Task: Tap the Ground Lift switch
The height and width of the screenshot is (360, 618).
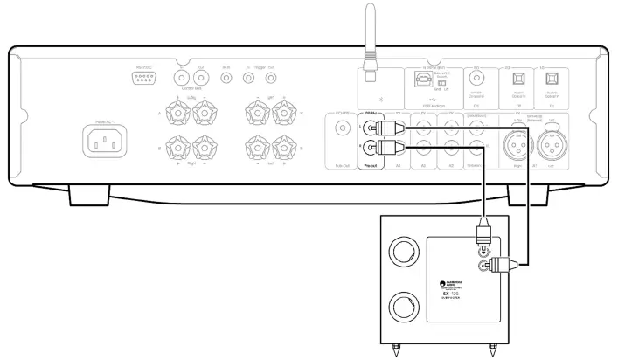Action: (x=446, y=82)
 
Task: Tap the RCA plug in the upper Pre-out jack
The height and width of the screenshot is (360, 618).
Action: (x=385, y=126)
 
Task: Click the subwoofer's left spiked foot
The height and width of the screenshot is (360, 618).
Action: (x=399, y=352)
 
